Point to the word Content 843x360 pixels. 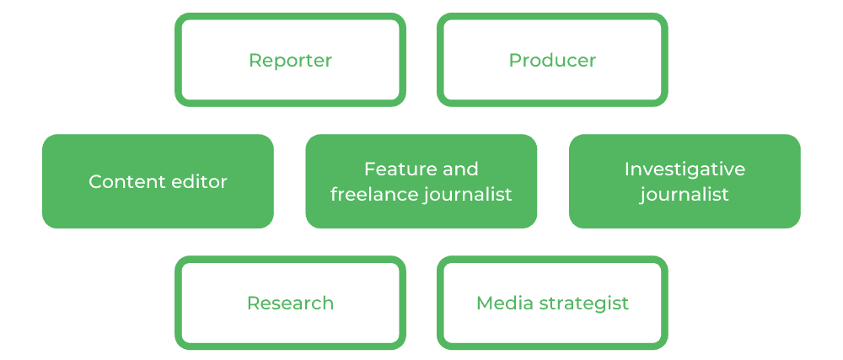click(125, 182)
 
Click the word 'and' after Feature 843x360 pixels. click(459, 169)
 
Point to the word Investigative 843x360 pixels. click(685, 169)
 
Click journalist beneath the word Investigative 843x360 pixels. click(684, 195)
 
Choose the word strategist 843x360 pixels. click(582, 304)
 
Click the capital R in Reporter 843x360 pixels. click(254, 61)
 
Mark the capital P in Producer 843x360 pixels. click(514, 61)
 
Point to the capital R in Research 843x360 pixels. click(252, 304)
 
